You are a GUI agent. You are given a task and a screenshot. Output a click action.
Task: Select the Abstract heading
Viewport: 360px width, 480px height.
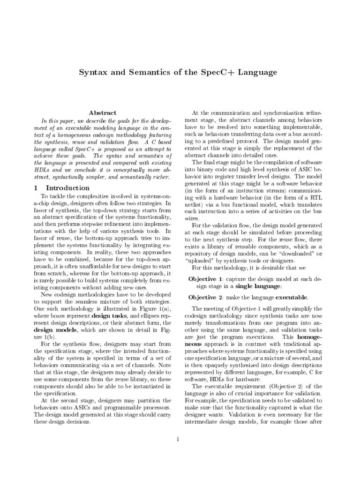103,113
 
